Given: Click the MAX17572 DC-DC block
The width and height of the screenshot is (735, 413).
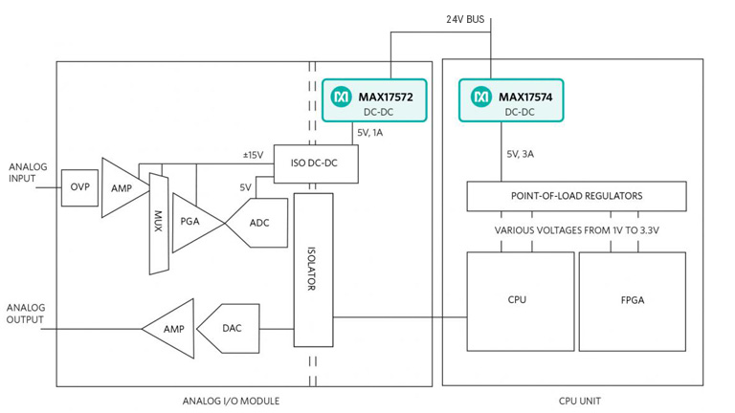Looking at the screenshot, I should [x=373, y=101].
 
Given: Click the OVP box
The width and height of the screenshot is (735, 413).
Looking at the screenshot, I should [x=79, y=186].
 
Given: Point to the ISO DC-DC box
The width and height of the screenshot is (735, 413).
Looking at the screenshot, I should [x=316, y=163].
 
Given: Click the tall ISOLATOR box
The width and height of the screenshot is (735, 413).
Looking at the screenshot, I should [x=313, y=270].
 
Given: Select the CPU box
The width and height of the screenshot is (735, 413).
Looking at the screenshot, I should [x=518, y=299].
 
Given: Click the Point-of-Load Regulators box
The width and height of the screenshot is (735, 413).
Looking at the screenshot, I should [x=576, y=196].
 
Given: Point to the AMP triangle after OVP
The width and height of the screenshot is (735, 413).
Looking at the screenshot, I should [x=121, y=188].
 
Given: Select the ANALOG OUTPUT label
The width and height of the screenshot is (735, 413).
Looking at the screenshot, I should [x=26, y=314].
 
